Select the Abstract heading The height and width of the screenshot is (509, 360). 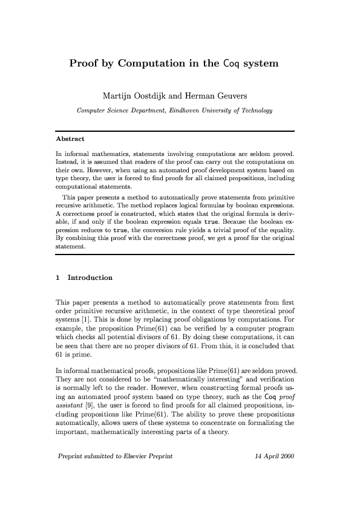70,138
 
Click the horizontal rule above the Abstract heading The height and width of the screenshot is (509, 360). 174,131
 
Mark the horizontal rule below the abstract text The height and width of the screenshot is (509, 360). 174,254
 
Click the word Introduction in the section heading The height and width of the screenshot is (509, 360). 90,277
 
